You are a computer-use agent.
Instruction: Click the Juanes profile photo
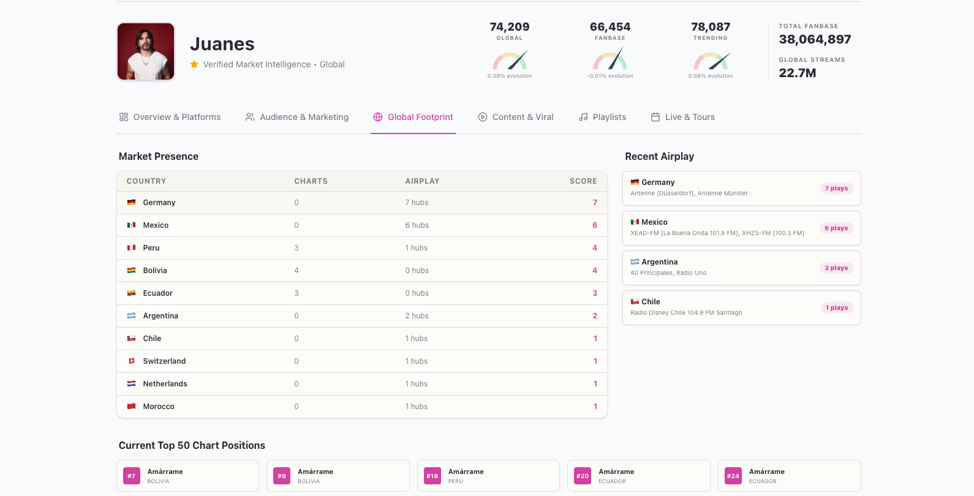pos(146,52)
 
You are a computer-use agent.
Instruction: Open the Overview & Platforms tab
pos(170,117)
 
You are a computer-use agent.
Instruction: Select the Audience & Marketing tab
pos(297,117)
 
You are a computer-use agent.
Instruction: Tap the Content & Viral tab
pos(516,117)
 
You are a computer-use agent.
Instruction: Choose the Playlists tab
pos(603,117)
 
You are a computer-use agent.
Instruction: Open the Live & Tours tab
pos(683,117)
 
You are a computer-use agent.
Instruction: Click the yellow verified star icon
pos(194,64)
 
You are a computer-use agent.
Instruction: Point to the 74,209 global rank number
pos(510,27)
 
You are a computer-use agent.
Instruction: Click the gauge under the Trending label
pos(711,61)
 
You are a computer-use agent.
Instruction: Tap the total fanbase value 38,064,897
pos(815,39)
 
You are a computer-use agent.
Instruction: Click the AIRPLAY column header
pos(422,181)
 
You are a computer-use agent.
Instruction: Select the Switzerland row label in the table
pos(164,361)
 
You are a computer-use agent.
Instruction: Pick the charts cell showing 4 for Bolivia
pos(296,271)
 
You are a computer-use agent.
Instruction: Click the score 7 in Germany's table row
pos(595,203)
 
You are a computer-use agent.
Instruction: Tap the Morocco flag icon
pos(131,407)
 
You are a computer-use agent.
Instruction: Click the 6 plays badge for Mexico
pos(836,228)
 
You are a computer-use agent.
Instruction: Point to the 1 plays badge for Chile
pos(836,308)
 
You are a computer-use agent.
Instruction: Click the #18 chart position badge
pos(432,476)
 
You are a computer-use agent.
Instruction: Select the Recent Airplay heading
pos(659,156)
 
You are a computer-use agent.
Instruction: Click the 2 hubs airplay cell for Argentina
pos(417,316)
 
